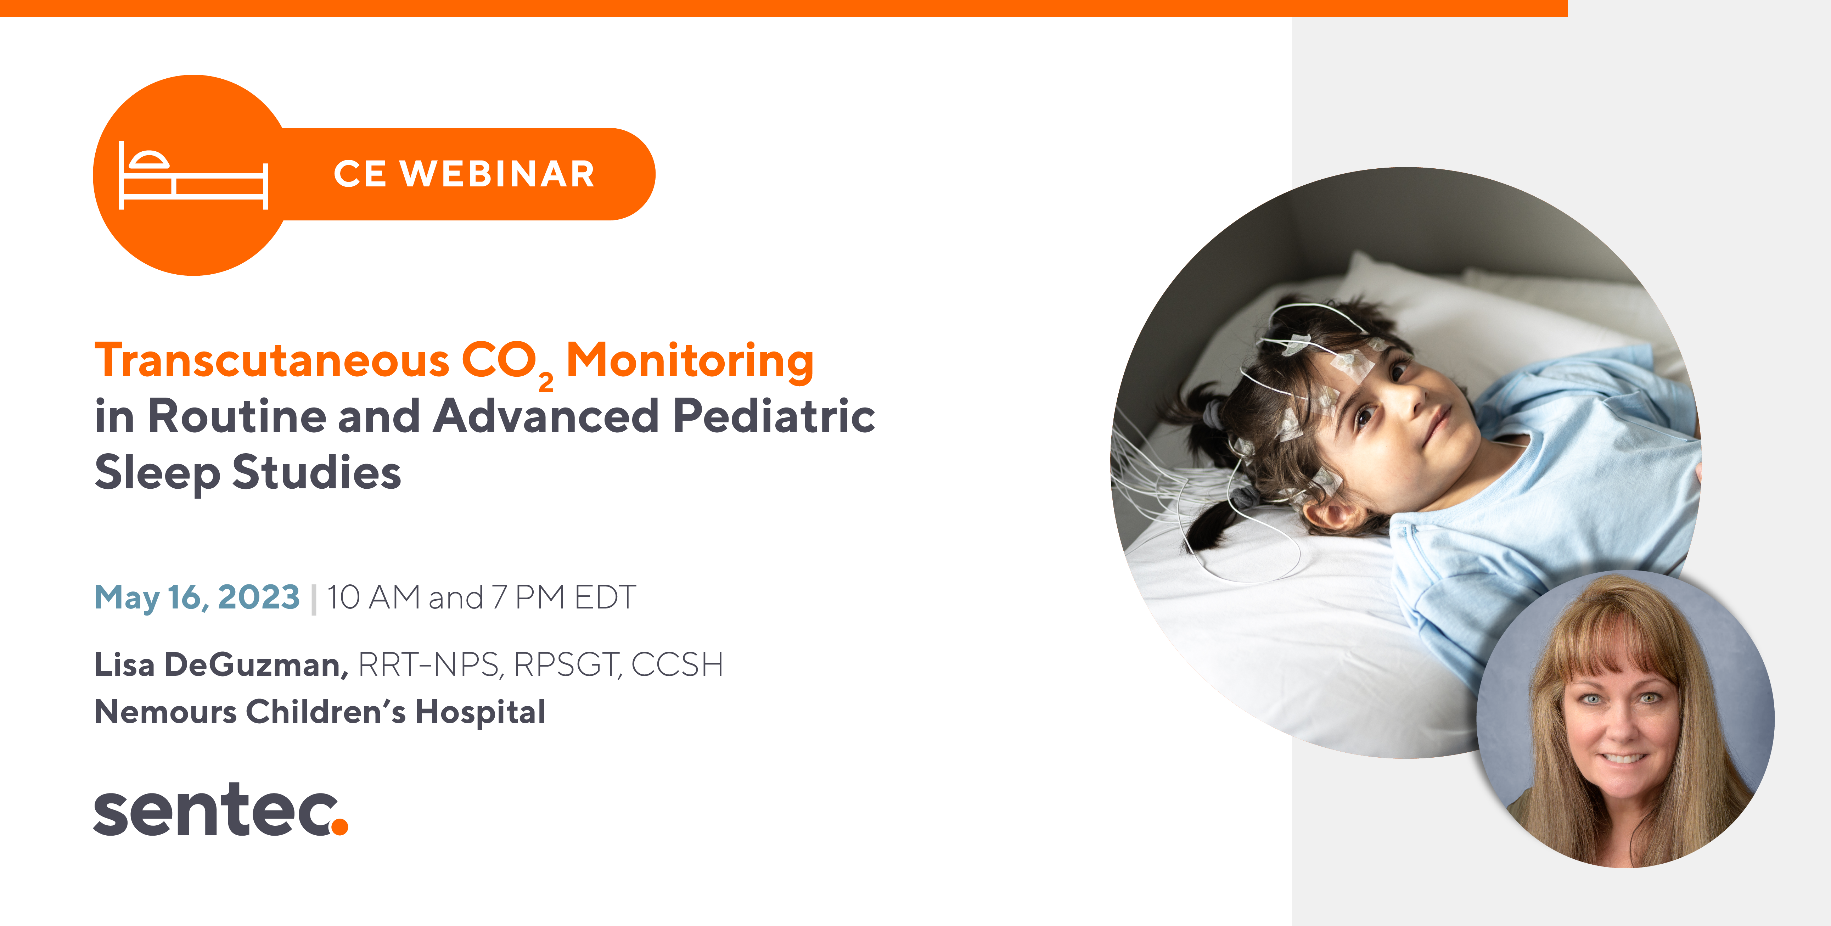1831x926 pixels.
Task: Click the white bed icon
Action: tap(193, 175)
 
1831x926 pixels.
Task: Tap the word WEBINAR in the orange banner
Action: tap(498, 174)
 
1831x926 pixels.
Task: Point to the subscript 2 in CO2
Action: tap(546, 382)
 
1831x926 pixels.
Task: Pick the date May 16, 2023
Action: tap(197, 597)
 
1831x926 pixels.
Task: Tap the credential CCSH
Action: tap(677, 664)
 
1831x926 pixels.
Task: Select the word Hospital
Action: tap(481, 711)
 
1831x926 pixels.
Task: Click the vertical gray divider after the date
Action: tap(314, 598)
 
